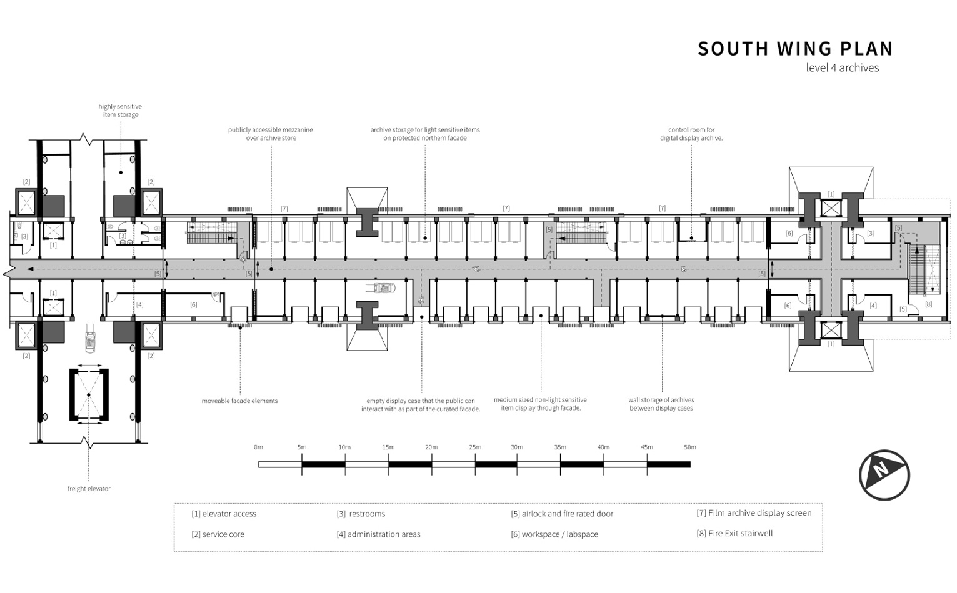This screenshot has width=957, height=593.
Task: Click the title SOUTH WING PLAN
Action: pos(795,49)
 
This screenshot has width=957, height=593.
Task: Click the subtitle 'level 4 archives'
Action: pos(842,68)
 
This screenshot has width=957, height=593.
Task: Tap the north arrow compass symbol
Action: pos(883,475)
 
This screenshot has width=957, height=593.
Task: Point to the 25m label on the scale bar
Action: pos(475,447)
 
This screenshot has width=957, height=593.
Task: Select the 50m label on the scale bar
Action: pos(689,447)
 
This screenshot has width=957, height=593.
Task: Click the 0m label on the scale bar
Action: pos(258,447)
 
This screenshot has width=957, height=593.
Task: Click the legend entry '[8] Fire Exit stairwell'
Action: pos(734,534)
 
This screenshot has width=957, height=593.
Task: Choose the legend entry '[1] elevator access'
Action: pos(224,514)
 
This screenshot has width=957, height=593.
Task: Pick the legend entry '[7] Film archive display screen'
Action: pos(754,513)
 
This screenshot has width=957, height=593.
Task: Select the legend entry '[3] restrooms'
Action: pos(361,514)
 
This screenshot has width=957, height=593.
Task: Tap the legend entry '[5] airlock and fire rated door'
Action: pos(562,514)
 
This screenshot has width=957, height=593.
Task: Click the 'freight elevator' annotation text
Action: pos(89,489)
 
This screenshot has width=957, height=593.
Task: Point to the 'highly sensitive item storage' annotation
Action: pos(120,111)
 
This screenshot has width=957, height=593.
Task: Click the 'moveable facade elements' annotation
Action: pos(239,401)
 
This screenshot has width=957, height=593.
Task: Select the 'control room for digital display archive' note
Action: pos(691,134)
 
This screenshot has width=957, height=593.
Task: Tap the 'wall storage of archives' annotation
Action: pos(661,404)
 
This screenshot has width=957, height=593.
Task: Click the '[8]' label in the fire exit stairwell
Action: pos(928,304)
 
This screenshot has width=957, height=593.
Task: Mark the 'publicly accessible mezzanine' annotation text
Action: pos(271,134)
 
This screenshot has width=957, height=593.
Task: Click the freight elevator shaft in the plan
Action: pos(89,395)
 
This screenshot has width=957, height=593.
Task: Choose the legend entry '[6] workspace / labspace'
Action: pos(554,534)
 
